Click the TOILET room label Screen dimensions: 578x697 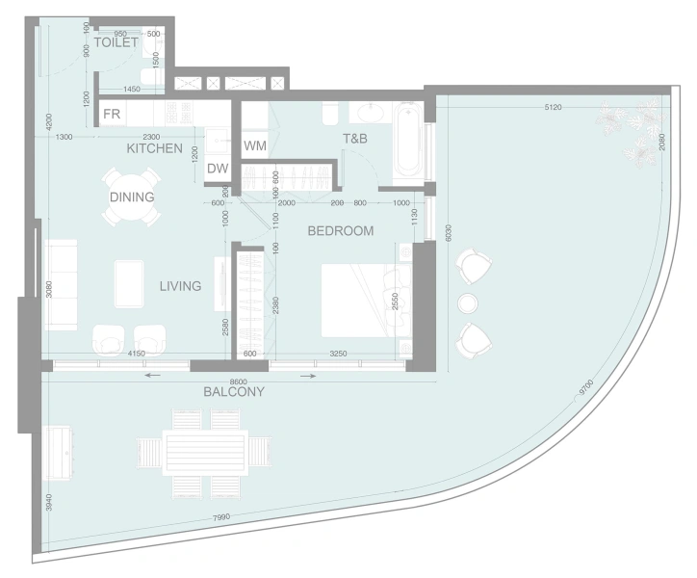click(116, 43)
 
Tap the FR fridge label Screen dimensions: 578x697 click(113, 115)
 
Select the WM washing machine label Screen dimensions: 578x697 click(254, 146)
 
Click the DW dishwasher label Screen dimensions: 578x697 click(218, 169)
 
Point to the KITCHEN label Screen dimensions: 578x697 click(154, 149)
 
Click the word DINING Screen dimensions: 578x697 click(132, 197)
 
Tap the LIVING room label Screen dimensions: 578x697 click(180, 286)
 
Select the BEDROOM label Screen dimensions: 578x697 click(340, 231)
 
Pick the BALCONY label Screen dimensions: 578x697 click(233, 392)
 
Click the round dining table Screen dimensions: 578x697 click(132, 197)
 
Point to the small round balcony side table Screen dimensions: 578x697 click(469, 302)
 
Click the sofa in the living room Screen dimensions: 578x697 click(60, 285)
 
